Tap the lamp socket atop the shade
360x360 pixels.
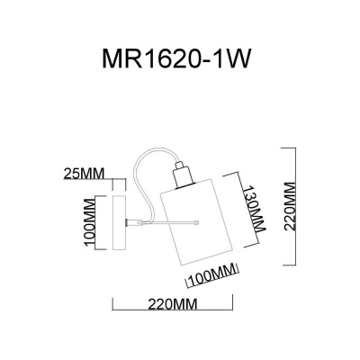182,174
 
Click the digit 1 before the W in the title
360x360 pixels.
228,61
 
